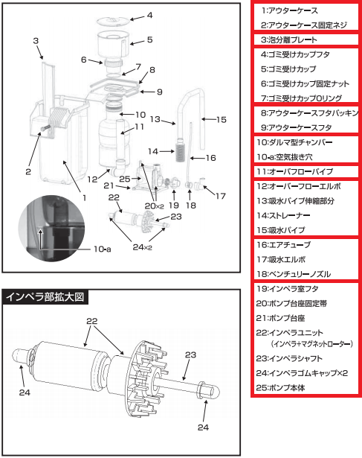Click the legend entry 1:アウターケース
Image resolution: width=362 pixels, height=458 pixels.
[289, 11]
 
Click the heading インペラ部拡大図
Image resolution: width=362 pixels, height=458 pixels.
[47, 296]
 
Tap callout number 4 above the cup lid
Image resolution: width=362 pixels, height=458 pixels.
[149, 15]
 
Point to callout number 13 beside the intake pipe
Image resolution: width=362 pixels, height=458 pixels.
[155, 118]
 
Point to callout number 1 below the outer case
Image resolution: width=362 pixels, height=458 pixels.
[84, 197]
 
